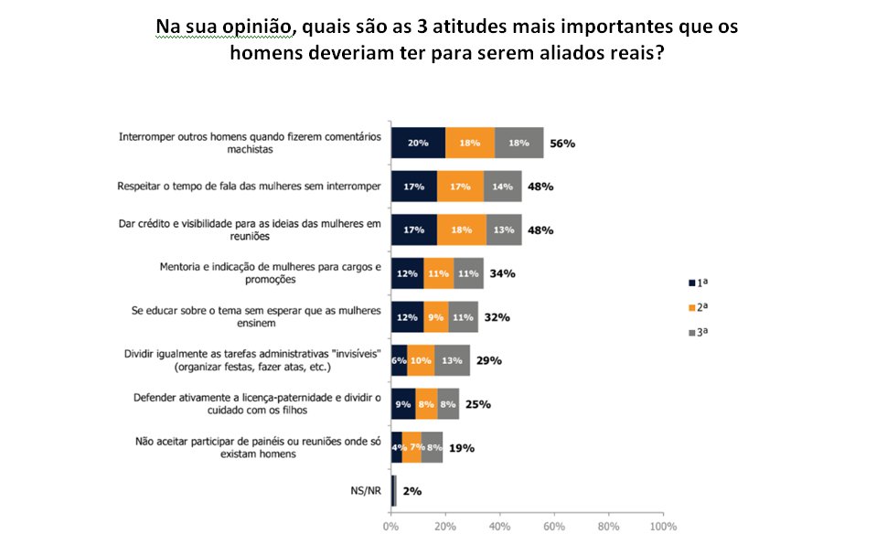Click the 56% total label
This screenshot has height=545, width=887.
[561, 144]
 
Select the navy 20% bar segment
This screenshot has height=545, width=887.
[418, 143]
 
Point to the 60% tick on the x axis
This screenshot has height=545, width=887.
[554, 528]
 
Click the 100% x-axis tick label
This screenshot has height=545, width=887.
[662, 528]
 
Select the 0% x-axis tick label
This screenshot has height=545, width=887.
[391, 528]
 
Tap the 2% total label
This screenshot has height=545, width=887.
[411, 491]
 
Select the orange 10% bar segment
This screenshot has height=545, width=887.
[421, 360]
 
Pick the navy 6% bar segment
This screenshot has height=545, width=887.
[399, 360]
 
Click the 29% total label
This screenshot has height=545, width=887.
[489, 360]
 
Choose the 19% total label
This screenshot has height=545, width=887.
[462, 448]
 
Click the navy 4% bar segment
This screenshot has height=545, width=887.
[396, 448]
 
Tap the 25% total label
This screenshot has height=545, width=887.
[478, 404]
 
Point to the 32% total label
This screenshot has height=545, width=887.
[497, 317]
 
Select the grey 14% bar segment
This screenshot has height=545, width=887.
[503, 187]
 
